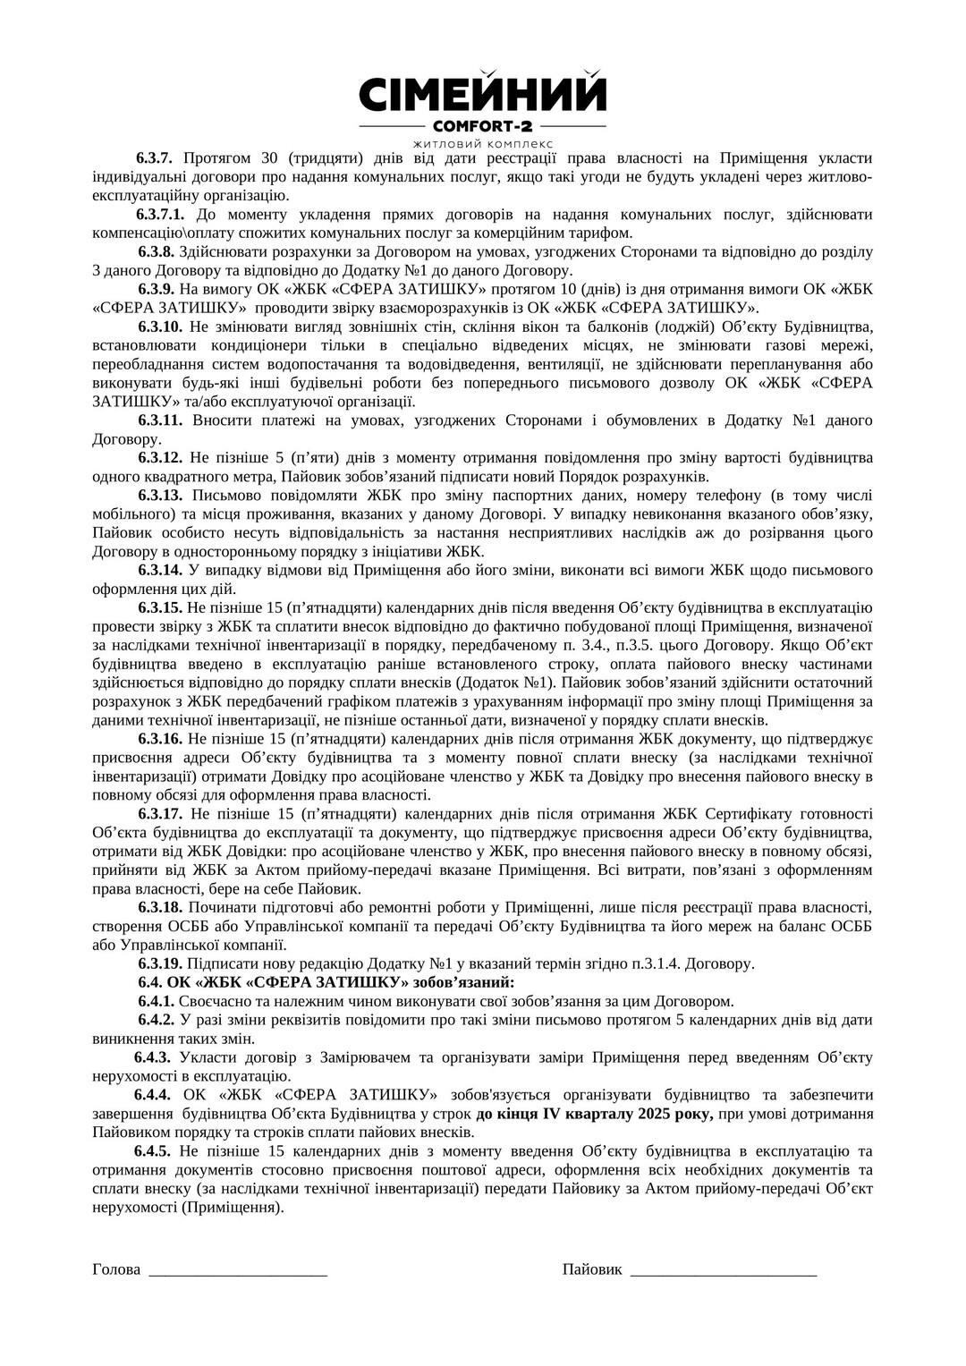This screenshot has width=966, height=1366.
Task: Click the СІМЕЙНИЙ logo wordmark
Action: (482, 94)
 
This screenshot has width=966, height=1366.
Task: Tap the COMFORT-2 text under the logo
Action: (482, 126)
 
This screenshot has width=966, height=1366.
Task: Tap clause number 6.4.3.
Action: (152, 1057)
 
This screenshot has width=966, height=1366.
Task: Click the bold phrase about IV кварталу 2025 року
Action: (594, 1114)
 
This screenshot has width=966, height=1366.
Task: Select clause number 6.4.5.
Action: (152, 1151)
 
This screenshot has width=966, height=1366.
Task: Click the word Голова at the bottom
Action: (116, 1269)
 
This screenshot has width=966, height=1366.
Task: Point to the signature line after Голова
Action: (238, 1271)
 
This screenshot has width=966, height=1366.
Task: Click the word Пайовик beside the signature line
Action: (592, 1269)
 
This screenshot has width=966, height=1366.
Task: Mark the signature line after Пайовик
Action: (724, 1271)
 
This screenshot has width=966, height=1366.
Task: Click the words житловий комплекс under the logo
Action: (482, 143)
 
